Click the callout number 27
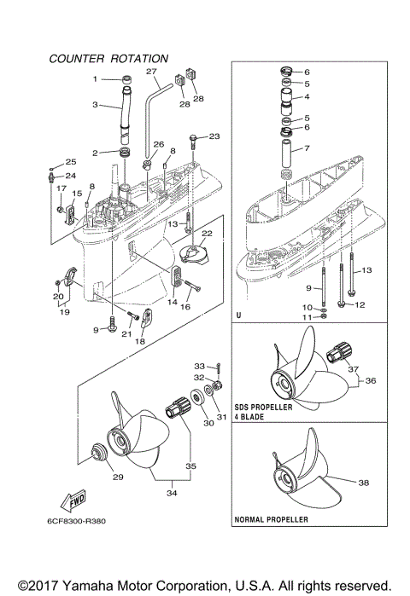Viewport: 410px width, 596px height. click(x=151, y=71)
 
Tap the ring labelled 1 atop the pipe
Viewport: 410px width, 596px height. click(x=126, y=81)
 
